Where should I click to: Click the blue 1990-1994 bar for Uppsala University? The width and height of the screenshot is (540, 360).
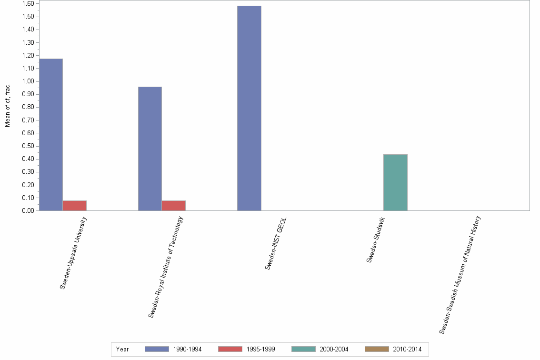[x=51, y=134]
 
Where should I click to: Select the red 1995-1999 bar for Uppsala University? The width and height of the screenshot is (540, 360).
[x=75, y=205]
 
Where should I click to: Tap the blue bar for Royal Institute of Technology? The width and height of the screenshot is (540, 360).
[x=150, y=149]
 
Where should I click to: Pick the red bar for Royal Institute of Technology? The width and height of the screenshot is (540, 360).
[x=174, y=205]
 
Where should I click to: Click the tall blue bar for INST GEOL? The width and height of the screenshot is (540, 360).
[x=249, y=108]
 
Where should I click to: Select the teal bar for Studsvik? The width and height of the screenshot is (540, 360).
[x=395, y=182]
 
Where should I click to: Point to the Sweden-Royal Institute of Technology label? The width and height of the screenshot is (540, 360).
[x=166, y=267]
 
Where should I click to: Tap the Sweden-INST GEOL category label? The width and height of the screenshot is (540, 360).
[x=276, y=243]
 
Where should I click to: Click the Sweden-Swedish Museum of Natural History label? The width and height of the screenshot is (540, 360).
[x=460, y=275]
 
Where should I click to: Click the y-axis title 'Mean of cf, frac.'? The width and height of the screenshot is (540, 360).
[x=8, y=105]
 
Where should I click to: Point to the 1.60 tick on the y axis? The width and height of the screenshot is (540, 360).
[x=28, y=4]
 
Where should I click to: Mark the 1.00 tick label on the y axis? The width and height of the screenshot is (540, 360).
[x=28, y=81]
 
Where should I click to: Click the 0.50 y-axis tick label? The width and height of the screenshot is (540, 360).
[x=28, y=146]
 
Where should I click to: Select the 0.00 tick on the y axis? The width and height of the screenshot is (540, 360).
[x=28, y=210]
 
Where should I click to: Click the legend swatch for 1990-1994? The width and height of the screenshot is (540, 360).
[x=157, y=349]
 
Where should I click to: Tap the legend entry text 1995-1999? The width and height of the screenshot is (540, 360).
[x=261, y=349]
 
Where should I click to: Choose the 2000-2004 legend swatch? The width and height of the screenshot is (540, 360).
[x=303, y=349]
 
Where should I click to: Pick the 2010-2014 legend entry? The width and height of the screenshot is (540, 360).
[x=407, y=349]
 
